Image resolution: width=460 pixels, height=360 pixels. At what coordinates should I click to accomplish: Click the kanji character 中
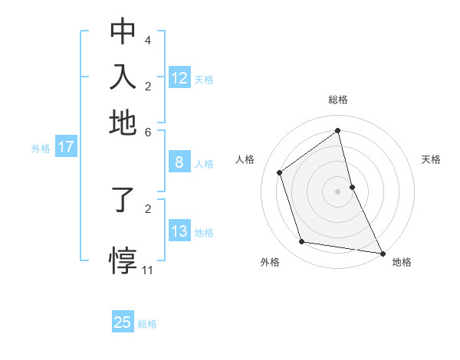(123, 31)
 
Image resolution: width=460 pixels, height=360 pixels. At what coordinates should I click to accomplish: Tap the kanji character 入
(123, 77)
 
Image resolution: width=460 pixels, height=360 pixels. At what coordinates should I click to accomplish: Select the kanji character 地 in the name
(123, 123)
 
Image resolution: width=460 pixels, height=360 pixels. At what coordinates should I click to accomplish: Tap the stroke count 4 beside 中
(148, 40)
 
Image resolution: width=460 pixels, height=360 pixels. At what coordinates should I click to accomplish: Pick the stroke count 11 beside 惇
(148, 270)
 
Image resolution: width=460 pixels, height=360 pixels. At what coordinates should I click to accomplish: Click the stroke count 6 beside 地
(148, 131)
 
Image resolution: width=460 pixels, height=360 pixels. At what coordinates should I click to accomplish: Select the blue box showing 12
(179, 78)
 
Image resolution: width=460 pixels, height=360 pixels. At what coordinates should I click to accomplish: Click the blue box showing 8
(179, 162)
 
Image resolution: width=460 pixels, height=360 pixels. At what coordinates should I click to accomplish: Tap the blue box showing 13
(179, 231)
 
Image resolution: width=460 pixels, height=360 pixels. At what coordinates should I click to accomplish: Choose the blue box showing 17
(66, 148)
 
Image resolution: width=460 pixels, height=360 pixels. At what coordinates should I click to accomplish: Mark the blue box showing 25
(123, 322)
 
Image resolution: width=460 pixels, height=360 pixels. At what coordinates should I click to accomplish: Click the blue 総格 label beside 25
(147, 324)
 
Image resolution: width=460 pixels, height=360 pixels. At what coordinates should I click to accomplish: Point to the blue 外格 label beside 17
(41, 149)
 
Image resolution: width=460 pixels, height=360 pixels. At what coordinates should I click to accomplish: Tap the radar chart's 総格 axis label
(338, 100)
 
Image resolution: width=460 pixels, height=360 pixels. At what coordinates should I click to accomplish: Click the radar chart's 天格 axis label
(431, 159)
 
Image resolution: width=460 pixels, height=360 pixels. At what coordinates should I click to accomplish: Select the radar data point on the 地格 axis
(382, 253)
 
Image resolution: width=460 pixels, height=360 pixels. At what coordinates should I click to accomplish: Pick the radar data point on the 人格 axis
(280, 172)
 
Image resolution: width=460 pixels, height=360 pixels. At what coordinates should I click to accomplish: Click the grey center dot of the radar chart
(338, 191)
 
